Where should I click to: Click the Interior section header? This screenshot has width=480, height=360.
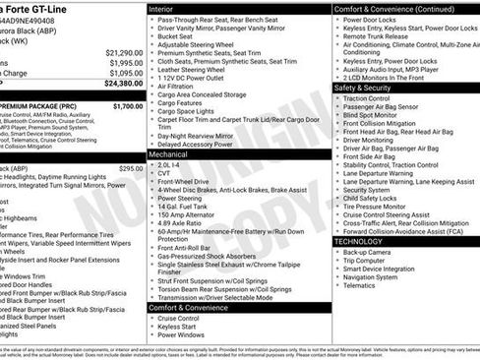(x=167, y=8)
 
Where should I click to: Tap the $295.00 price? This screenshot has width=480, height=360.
(x=131, y=168)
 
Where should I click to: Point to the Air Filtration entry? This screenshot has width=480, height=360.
(x=182, y=88)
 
